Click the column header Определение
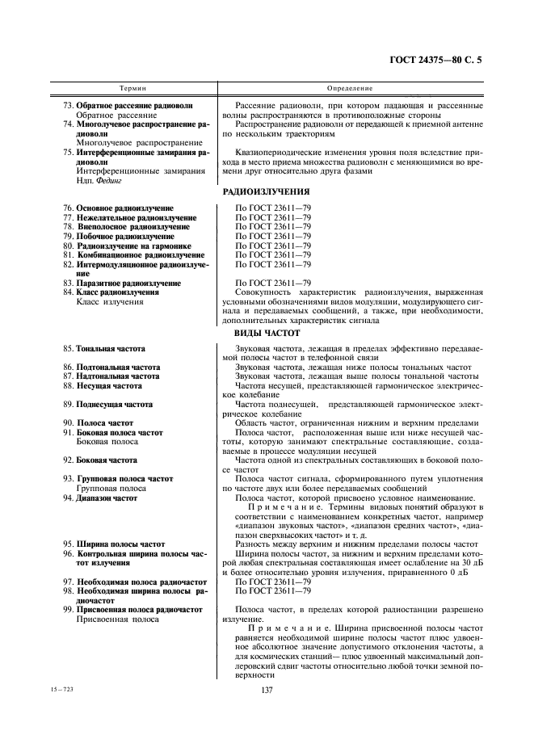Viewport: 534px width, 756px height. point(350,86)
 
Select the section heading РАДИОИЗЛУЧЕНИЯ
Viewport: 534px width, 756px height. point(267,191)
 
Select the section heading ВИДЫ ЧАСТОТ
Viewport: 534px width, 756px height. point(267,332)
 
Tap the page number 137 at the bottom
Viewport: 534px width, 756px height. point(267,689)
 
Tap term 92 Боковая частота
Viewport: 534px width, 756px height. point(106,460)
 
